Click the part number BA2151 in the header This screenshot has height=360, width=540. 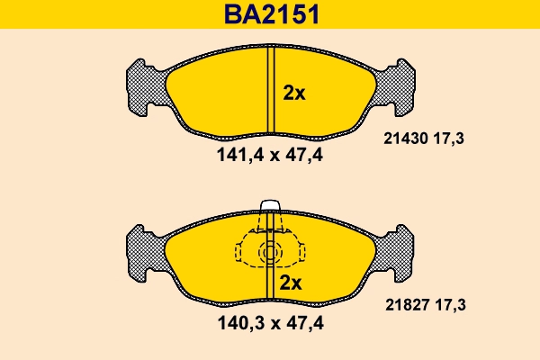click(269, 14)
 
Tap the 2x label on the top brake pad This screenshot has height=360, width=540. click(294, 93)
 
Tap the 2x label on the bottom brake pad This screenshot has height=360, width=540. click(290, 283)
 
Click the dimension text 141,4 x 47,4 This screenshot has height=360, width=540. click(269, 155)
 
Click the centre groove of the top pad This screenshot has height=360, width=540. click(270, 90)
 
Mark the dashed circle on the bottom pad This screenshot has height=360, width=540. click(269, 254)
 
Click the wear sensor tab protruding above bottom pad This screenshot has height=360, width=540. click(270, 207)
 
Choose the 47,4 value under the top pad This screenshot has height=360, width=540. click(305, 155)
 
